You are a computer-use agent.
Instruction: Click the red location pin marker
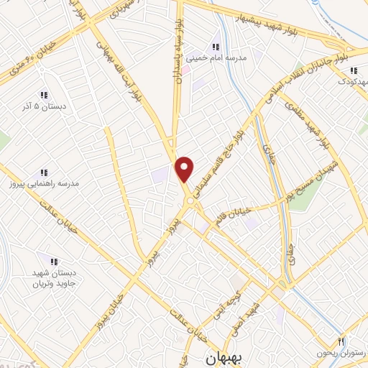[x=185, y=170]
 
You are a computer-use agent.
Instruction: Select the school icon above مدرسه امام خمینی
[x=216, y=47]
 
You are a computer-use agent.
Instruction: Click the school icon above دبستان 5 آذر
[x=43, y=95]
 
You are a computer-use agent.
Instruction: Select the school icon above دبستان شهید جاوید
[x=52, y=260]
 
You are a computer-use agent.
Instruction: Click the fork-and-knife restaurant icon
[x=341, y=341]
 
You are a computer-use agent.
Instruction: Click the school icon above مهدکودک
[x=353, y=70]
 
